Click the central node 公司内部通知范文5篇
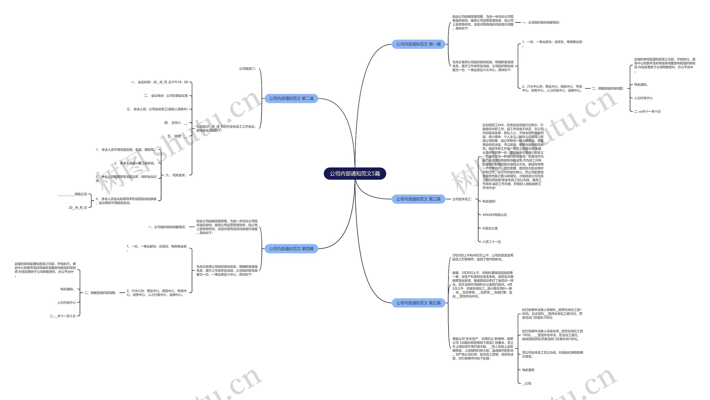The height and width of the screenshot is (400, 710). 355,174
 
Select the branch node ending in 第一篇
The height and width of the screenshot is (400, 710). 418,44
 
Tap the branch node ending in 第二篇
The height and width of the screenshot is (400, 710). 291,98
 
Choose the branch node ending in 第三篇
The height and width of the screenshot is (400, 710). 418,199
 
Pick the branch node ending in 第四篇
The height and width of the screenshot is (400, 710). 291,249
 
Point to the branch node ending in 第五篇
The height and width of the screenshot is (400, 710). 418,303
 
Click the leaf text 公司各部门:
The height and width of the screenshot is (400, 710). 247,69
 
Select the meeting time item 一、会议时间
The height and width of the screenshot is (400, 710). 159,82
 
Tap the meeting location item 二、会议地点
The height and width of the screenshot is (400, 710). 166,96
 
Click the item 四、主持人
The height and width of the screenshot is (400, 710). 176,123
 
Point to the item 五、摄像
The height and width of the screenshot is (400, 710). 177,136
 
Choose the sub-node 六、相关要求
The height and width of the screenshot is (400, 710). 176,175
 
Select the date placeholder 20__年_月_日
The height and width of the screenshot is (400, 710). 78,208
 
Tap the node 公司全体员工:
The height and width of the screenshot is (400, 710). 462,199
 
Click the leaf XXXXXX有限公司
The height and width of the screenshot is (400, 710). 494,215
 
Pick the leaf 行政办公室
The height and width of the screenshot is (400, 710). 490,228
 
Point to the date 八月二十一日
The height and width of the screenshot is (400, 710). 491,242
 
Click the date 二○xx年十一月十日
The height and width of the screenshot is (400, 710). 647,112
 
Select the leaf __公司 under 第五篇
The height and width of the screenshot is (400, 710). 526,383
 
